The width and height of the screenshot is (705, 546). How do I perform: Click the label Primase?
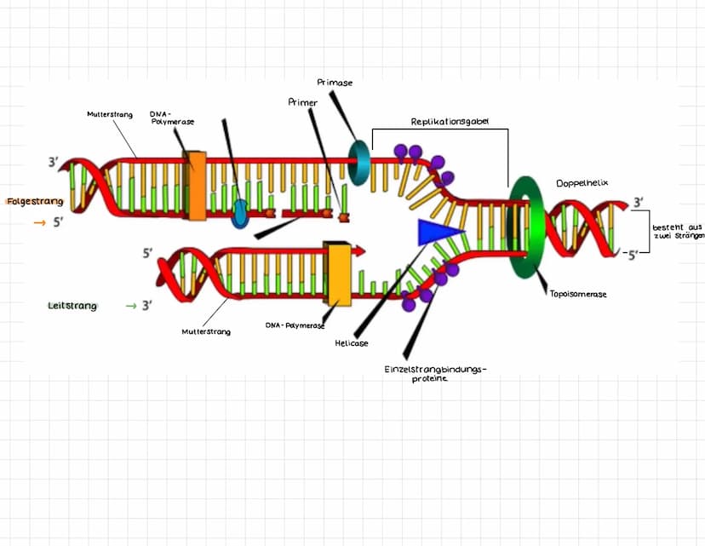click(335, 83)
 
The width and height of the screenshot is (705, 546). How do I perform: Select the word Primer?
click(303, 102)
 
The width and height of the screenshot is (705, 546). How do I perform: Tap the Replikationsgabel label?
click(449, 122)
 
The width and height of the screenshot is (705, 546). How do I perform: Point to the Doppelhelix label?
click(582, 183)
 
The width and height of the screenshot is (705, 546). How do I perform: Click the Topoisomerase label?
click(578, 294)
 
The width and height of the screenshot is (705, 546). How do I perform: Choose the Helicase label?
click(351, 343)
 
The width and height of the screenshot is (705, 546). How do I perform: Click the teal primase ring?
click(360, 159)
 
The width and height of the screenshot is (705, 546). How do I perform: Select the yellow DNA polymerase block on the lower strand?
click(339, 273)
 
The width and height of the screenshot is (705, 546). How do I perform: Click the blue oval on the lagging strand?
click(240, 214)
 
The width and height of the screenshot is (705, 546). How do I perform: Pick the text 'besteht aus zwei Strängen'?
click(678, 231)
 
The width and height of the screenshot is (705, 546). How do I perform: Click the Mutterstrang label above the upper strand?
click(110, 114)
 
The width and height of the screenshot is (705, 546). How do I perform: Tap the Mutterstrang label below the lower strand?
click(206, 331)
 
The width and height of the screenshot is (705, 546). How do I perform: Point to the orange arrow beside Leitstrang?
click(131, 305)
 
